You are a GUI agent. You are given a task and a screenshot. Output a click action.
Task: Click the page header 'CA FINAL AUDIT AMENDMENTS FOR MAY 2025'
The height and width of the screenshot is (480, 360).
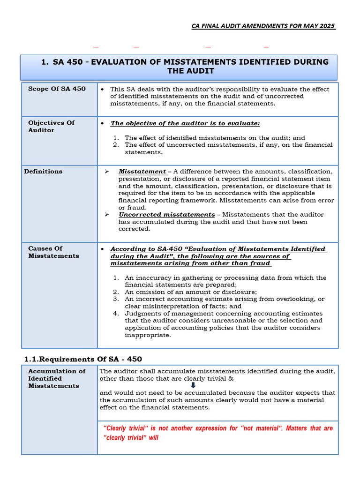(x=263, y=26)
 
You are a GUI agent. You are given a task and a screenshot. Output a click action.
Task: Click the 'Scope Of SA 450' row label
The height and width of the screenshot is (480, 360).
(x=57, y=89)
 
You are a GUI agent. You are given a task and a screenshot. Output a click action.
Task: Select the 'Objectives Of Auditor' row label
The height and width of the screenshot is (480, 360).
(x=51, y=127)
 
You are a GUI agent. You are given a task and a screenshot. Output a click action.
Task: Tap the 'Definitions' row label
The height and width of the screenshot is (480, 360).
(x=43, y=172)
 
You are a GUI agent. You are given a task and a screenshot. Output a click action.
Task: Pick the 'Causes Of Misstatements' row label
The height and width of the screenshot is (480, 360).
(x=53, y=252)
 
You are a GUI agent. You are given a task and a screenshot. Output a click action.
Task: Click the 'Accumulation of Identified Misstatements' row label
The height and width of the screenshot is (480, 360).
(x=57, y=378)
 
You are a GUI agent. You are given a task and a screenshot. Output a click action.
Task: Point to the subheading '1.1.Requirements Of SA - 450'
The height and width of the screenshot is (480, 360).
(x=83, y=359)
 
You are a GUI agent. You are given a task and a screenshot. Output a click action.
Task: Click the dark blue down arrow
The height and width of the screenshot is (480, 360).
(x=193, y=385)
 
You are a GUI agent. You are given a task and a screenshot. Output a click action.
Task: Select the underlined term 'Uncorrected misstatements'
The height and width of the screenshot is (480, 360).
(x=166, y=215)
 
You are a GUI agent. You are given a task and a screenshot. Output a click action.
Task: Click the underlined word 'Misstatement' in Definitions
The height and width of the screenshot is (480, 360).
(x=142, y=172)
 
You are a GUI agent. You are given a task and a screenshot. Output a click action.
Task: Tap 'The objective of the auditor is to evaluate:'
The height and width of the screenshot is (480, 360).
(x=185, y=123)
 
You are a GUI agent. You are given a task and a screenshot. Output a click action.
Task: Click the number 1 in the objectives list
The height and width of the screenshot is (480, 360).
(x=116, y=138)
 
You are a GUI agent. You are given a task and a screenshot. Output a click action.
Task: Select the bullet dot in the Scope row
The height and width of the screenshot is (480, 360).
(x=103, y=89)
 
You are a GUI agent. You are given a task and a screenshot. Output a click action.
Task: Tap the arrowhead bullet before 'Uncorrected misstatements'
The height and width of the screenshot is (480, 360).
(x=107, y=215)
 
